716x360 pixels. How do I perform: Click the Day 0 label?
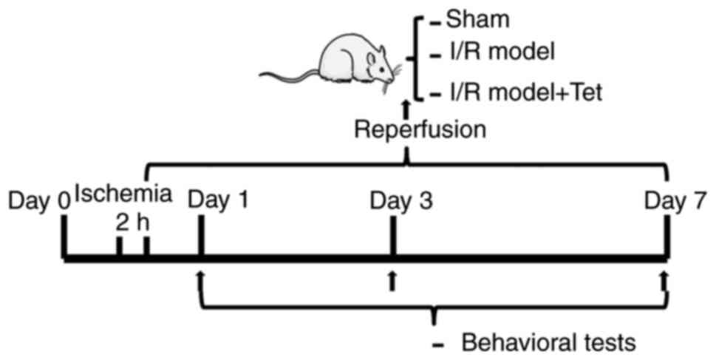39,200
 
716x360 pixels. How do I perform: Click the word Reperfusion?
420,129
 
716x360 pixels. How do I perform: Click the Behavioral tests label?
548,343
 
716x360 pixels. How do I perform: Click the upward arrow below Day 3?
392,280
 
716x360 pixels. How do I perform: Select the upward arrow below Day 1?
200,277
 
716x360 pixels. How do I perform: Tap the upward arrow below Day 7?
665,280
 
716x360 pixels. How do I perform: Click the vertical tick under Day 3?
392,237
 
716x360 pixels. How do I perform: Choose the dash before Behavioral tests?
440,344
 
